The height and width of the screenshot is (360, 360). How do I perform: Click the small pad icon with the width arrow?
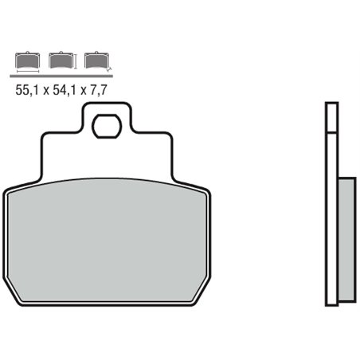point(26,59)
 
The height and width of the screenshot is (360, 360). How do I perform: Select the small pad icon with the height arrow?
point(60,59)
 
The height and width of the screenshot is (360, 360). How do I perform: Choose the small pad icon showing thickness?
point(95,59)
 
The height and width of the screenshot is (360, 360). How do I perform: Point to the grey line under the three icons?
point(61,73)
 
